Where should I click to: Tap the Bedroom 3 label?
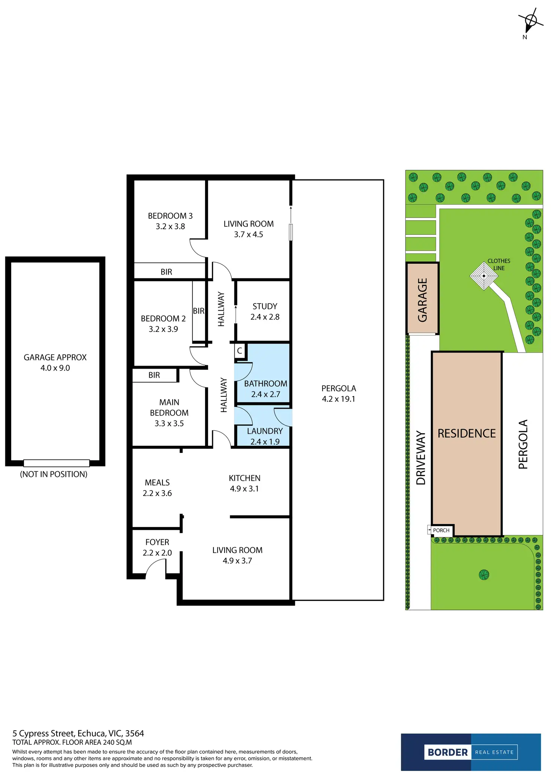[x=170, y=216]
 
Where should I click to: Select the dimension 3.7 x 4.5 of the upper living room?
[x=248, y=235]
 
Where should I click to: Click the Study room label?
[x=265, y=306]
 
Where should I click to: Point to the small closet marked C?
[x=240, y=351]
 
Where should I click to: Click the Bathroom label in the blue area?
[x=265, y=384]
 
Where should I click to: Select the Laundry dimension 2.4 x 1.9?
[x=265, y=442]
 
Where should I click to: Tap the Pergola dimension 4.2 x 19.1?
[x=338, y=399]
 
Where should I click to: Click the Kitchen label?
[x=244, y=478]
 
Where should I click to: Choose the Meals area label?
[x=157, y=483]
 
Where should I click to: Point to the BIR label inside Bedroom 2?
[x=198, y=311]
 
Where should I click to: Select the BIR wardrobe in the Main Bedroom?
[x=154, y=375]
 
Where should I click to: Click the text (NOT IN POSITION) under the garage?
[x=54, y=474]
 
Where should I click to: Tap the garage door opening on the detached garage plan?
[x=56, y=463]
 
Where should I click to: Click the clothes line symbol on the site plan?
[x=484, y=276]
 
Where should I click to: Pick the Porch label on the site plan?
[x=441, y=530]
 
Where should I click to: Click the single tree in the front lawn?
[x=484, y=574]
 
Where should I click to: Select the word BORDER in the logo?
[x=447, y=752]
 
